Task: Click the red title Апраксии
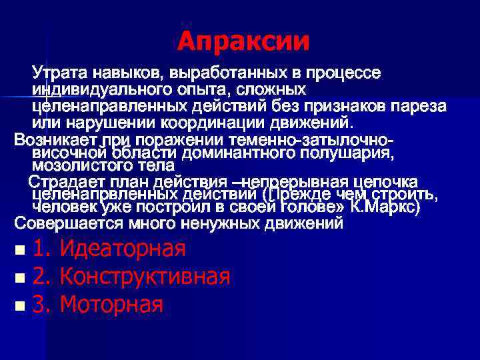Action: click(x=244, y=41)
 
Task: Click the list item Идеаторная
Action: click(x=122, y=249)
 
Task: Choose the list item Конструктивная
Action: click(x=145, y=277)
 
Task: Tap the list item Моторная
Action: click(x=111, y=305)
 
